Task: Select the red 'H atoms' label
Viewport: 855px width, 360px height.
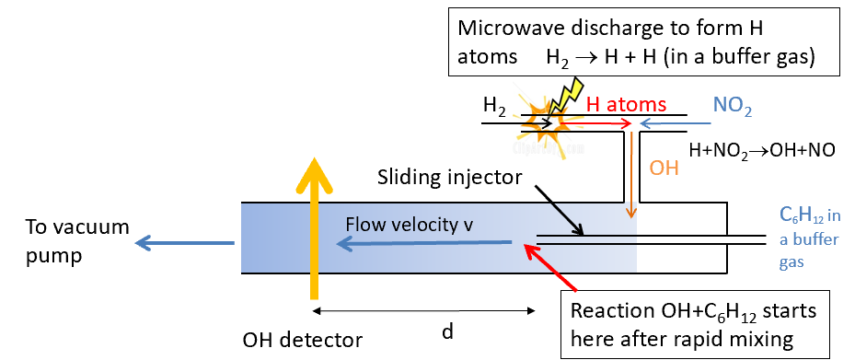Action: (x=626, y=105)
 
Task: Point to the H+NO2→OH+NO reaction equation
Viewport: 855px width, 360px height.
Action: (x=762, y=149)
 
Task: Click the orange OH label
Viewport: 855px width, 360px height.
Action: (x=664, y=168)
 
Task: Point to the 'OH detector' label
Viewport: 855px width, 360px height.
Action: (x=304, y=340)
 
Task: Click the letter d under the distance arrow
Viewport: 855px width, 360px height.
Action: (x=447, y=331)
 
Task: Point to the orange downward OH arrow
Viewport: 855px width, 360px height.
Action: (x=630, y=175)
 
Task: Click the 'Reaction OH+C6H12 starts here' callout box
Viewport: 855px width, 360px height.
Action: (x=696, y=322)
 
